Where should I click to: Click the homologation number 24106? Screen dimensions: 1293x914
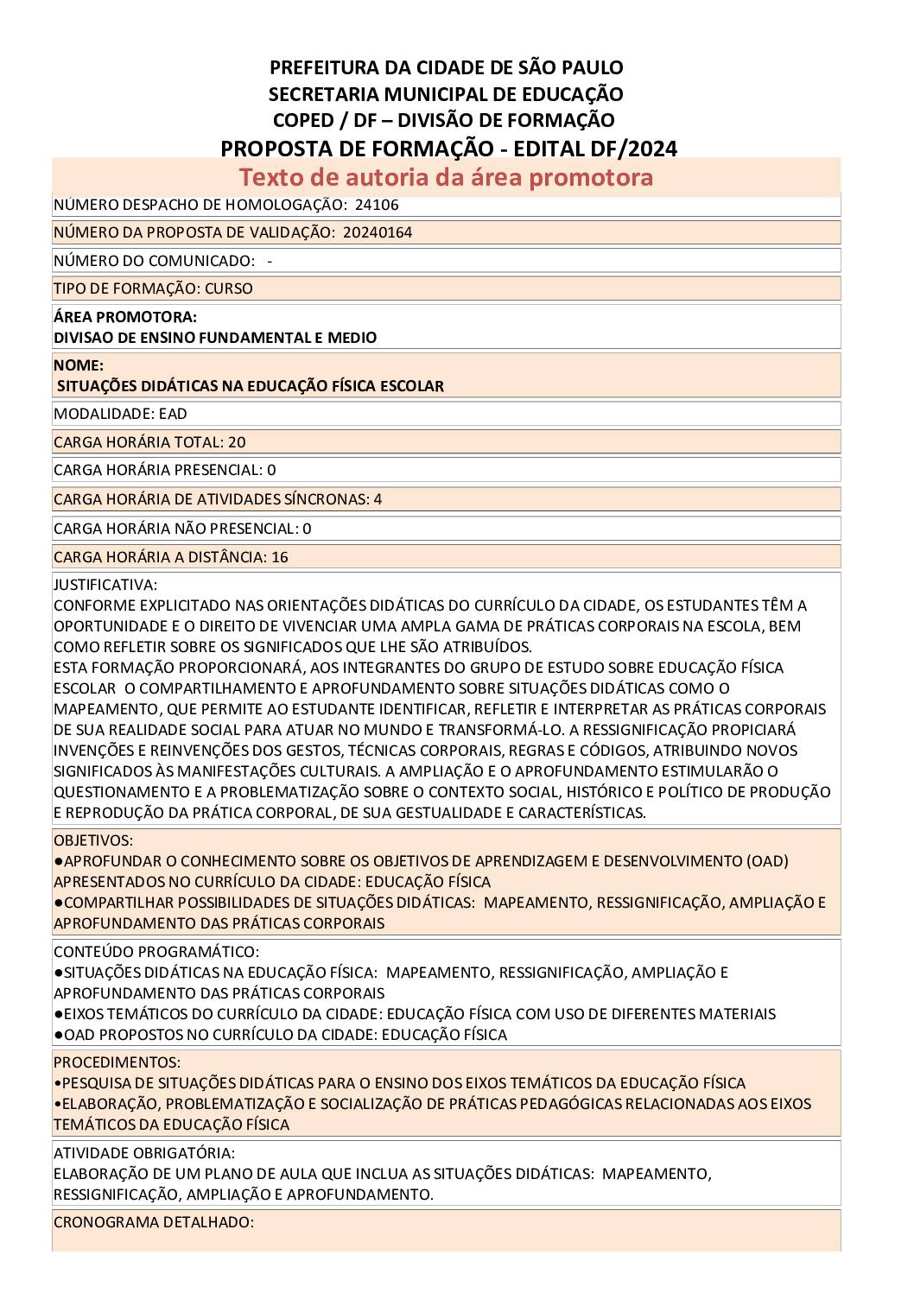(377, 205)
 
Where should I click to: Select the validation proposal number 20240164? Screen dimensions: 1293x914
(378, 232)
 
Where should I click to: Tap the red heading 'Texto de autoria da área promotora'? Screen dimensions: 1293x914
(446, 177)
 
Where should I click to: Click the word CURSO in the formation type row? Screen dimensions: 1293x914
(229, 288)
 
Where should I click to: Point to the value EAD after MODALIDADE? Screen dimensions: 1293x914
(173, 414)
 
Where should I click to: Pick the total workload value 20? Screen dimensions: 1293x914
(237, 442)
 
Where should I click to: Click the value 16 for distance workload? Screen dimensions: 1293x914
(280, 557)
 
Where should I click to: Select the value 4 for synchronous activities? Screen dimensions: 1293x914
(378, 499)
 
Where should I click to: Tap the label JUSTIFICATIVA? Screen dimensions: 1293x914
(105, 585)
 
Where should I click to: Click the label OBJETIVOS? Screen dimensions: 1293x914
(93, 840)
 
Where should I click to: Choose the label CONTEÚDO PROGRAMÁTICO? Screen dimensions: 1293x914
(156, 952)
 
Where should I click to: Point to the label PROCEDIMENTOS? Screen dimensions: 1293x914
(117, 1062)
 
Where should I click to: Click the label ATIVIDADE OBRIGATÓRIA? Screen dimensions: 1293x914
(144, 1153)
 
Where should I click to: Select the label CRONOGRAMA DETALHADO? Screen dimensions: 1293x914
(154, 1222)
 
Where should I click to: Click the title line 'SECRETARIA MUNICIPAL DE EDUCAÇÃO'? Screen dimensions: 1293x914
(446, 93)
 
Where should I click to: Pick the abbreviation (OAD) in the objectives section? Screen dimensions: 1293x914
(767, 861)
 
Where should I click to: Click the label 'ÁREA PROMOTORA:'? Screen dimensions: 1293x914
(125, 317)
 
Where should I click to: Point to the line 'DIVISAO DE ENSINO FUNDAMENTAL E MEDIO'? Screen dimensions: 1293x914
(215, 338)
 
